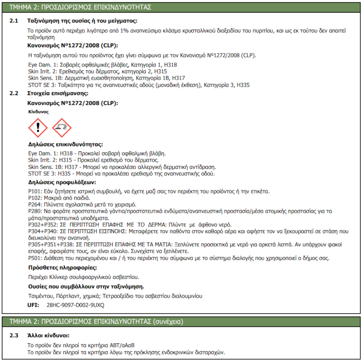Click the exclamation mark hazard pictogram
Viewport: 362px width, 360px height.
pyautogui.click(x=38, y=128)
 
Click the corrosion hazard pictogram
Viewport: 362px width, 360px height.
pyautogui.click(x=62, y=128)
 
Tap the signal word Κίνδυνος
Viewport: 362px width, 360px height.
pyautogui.click(x=38, y=111)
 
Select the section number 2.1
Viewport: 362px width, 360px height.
pyautogui.click(x=14, y=21)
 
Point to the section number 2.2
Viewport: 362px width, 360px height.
pyautogui.click(x=14, y=94)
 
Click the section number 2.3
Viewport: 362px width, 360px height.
pyautogui.click(x=14, y=336)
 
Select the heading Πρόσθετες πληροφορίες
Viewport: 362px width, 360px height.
pyautogui.click(x=61, y=268)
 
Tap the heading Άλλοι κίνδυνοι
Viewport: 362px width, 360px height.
pyautogui.click(x=48, y=336)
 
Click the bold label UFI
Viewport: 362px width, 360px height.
pyautogui.click(x=33, y=305)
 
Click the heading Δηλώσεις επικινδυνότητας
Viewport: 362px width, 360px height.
pyautogui.click(x=66, y=145)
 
